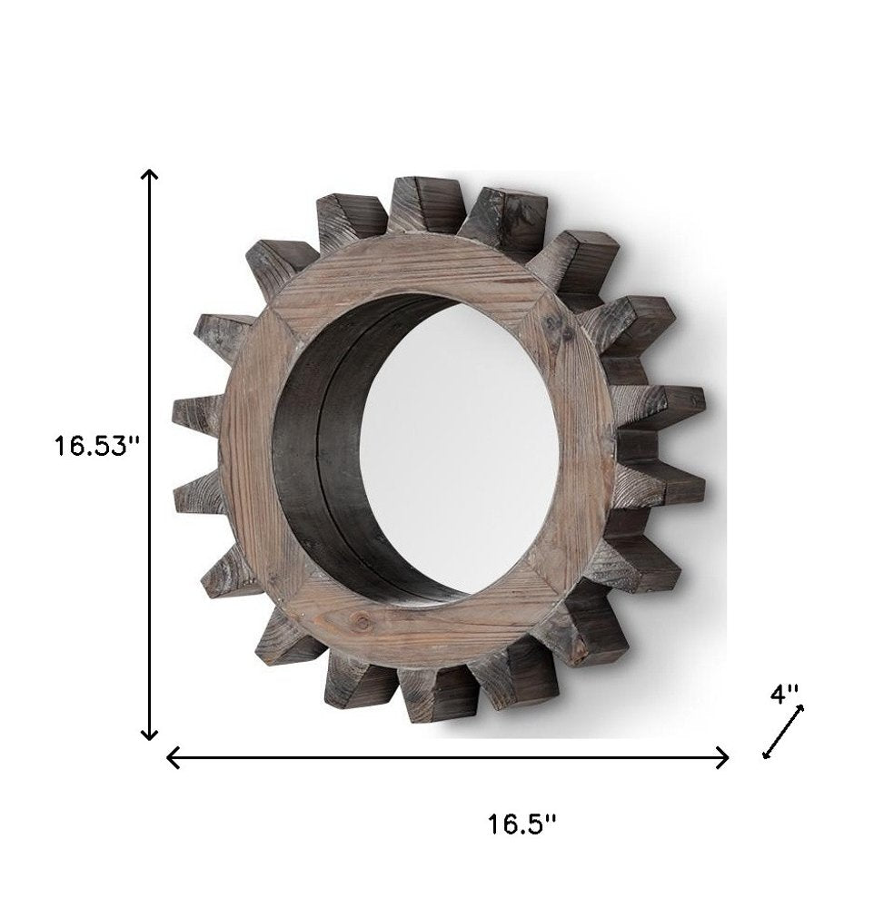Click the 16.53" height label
[x=94, y=448]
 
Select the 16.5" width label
[x=521, y=824]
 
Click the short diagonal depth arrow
[x=783, y=731]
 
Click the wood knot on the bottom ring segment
[x=366, y=622]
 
